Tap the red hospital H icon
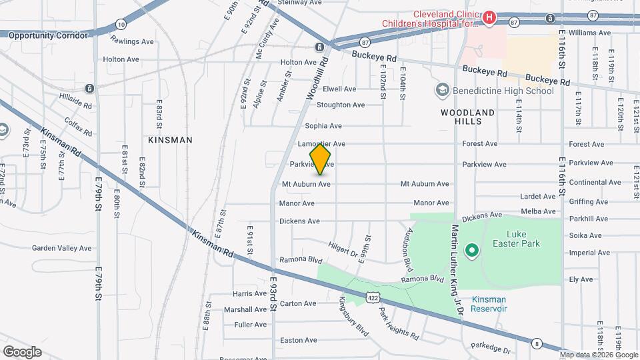489,17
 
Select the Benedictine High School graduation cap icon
441,90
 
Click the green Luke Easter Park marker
472,251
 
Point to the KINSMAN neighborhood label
171,140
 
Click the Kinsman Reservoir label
489,304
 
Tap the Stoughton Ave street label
341,105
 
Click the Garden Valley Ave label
62,248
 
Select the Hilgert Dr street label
343,248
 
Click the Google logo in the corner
22,351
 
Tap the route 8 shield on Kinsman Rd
537,343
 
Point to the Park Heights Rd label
399,323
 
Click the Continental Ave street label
586,182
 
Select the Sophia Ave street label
323,125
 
